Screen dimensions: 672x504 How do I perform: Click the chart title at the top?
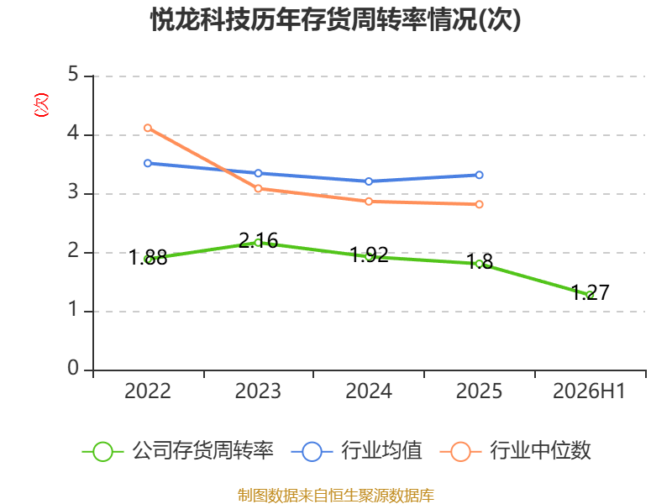(335, 19)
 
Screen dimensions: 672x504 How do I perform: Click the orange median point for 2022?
(148, 128)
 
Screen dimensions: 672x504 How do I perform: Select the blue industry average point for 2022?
(148, 163)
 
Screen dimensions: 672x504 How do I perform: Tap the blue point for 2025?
(479, 175)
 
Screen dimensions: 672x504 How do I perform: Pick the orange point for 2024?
(369, 202)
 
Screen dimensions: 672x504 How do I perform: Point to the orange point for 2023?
(258, 188)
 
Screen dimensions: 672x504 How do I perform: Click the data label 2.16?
(258, 240)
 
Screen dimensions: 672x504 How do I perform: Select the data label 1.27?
(591, 292)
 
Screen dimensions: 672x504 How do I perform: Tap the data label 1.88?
(148, 258)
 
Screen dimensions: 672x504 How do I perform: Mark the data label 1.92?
(369, 255)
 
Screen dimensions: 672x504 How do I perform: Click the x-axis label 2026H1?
(590, 391)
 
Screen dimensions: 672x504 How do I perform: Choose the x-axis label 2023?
(258, 391)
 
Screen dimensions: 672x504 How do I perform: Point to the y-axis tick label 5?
(73, 75)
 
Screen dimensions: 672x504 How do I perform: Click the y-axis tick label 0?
(73, 368)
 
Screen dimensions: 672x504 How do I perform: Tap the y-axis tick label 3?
(73, 192)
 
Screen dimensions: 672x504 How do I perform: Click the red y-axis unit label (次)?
(41, 105)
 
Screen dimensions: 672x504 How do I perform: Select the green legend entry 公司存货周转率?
(177, 451)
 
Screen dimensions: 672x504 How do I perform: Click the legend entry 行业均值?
(356, 451)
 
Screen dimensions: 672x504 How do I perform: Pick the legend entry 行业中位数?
(516, 451)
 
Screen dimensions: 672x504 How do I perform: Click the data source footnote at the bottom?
(336, 496)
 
